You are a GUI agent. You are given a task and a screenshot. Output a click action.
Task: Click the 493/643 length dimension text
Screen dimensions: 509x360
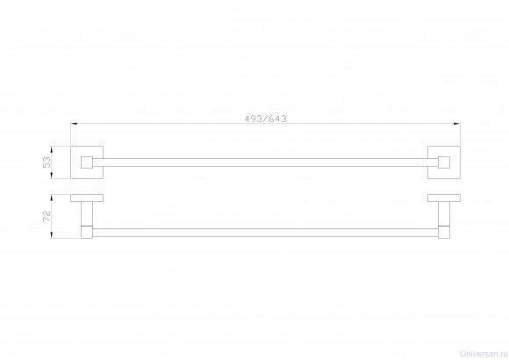point(265,119)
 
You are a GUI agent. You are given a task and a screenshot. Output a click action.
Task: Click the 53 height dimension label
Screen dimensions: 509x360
point(47,162)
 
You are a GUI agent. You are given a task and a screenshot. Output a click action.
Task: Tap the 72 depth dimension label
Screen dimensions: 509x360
point(47,216)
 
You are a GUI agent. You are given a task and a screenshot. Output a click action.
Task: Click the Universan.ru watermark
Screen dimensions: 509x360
point(484,354)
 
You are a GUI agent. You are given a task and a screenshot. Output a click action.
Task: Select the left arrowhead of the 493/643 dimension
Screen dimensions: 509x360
point(74,124)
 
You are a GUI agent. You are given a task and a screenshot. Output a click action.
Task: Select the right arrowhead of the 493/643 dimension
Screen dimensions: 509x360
point(456,124)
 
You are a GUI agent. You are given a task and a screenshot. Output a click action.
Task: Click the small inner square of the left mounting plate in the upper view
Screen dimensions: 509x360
point(87,162)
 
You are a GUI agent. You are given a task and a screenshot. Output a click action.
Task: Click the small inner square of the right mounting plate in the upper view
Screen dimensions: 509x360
point(444,162)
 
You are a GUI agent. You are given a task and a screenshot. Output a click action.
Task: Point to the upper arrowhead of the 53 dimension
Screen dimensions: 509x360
point(51,150)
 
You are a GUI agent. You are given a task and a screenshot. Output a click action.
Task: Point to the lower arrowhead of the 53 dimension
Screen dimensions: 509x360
point(51,175)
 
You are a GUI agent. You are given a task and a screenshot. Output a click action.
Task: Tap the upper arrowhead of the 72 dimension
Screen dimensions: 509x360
point(51,198)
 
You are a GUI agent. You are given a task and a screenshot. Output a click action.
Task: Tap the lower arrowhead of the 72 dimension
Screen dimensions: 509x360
point(51,235)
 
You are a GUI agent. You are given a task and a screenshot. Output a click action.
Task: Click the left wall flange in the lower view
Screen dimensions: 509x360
point(87,198)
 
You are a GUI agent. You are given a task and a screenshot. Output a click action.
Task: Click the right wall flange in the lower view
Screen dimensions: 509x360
point(444,198)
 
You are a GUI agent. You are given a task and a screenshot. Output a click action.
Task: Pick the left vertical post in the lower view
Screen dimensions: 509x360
point(87,213)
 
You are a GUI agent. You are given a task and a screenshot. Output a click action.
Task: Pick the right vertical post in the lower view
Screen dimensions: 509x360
point(444,213)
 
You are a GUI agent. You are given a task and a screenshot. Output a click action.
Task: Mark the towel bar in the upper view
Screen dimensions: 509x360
point(265,162)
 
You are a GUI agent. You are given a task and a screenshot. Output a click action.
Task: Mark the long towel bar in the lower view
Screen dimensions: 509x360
point(265,233)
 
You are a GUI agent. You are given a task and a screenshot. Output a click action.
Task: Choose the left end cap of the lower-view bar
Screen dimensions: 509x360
point(87,232)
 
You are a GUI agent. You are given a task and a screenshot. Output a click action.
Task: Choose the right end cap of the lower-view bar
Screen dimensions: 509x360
point(444,232)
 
